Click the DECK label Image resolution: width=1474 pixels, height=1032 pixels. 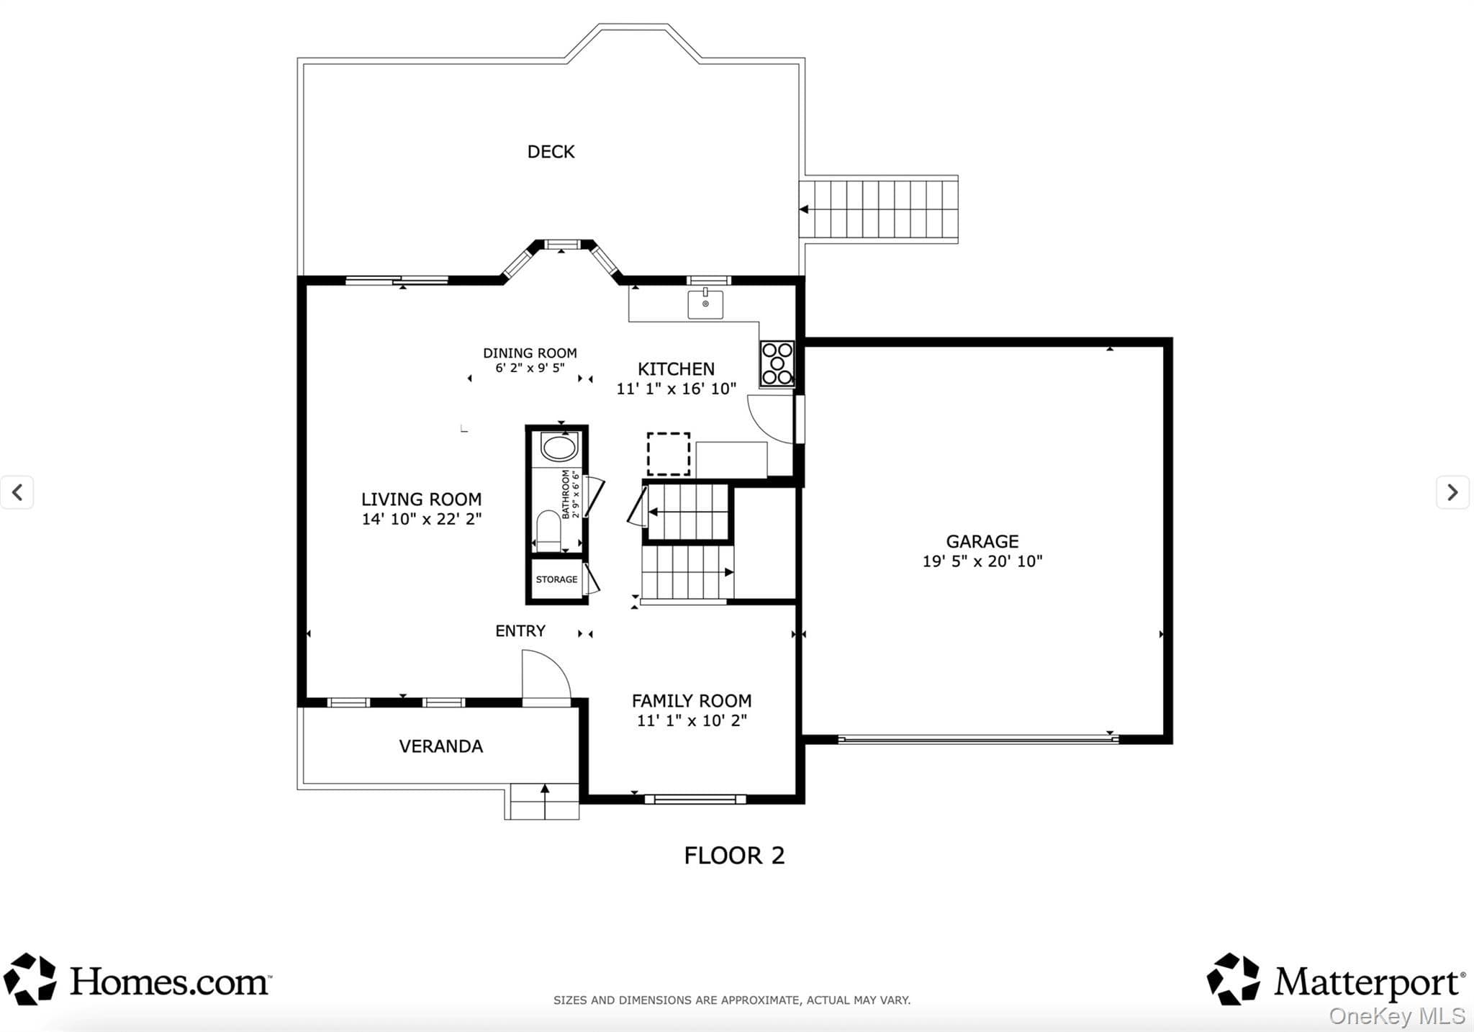point(551,152)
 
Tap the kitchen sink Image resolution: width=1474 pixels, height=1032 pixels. point(705,304)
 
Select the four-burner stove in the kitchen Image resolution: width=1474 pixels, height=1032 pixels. point(777,363)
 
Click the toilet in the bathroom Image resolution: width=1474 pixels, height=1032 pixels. point(548,531)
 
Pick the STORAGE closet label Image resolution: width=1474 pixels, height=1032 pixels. point(556,579)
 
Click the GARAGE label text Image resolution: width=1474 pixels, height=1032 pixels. point(982,541)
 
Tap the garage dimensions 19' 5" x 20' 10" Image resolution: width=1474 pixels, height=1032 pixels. point(982,561)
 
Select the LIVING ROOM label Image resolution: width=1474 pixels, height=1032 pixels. point(421,499)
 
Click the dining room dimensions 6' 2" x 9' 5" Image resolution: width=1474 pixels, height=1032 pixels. point(530,368)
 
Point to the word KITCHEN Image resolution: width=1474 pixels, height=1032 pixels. point(676,369)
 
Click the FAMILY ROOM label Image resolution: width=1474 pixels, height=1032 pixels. point(692,701)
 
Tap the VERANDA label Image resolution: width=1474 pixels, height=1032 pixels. point(441,746)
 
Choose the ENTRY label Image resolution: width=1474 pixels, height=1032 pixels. point(520,631)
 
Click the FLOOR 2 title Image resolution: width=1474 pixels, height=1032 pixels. point(734,856)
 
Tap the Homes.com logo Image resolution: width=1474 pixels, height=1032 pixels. point(137,979)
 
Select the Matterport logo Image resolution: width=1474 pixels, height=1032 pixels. point(1336,979)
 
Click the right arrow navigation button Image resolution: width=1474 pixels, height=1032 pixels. point(1452,492)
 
